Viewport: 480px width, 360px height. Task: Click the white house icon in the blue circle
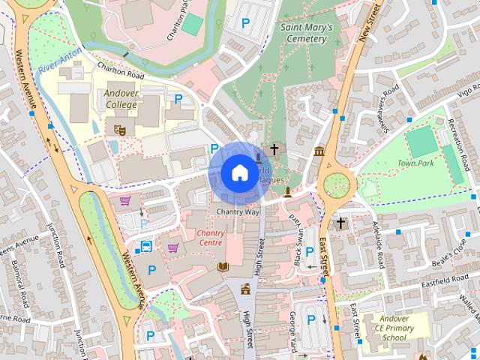coord(238,173)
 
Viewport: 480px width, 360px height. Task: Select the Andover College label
coord(121,99)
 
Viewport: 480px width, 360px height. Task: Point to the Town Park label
coord(415,163)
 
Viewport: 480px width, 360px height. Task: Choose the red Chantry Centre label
coord(211,238)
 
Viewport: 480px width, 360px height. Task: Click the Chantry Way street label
coord(237,212)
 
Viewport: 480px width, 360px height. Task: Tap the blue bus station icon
coord(146,247)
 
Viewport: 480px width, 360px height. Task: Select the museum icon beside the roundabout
coord(319,151)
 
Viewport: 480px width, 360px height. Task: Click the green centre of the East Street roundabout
coord(337,182)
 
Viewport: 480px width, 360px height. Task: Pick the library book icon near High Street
coord(223,266)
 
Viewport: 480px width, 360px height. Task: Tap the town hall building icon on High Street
coord(244,289)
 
